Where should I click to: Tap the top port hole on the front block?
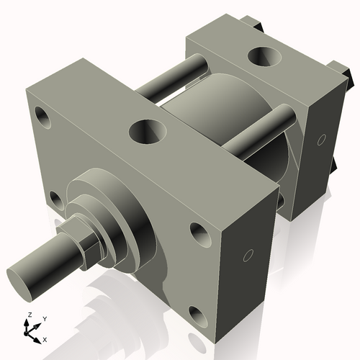[x=147, y=131]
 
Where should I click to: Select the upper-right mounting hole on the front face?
[x=199, y=232]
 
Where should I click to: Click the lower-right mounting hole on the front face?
[x=197, y=314]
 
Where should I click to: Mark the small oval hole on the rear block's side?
[x=321, y=138]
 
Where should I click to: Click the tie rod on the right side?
[x=259, y=134]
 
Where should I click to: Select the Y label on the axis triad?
[x=44, y=318]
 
